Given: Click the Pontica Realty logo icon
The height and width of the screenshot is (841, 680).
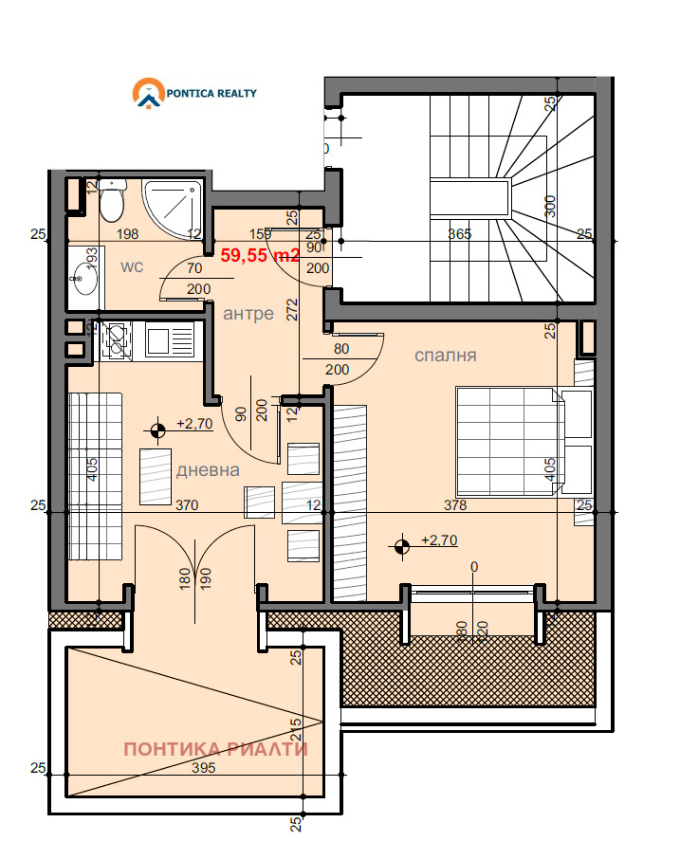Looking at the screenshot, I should click(x=148, y=94).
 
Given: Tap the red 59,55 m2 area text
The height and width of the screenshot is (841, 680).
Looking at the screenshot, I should click(x=261, y=254).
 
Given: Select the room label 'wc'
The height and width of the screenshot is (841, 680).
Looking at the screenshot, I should click(x=131, y=266).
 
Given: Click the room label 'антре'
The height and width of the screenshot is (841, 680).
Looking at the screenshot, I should click(x=248, y=314).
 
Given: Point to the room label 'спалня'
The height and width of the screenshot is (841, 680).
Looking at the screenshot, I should click(x=445, y=356).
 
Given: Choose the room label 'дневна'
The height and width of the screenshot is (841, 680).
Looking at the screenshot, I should click(x=208, y=469).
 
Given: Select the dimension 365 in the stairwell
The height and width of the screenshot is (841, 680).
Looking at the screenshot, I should click(x=460, y=234).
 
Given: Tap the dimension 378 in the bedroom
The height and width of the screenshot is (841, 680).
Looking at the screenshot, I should click(x=455, y=505).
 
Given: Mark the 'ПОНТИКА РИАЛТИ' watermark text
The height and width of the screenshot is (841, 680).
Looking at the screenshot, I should click(x=216, y=749).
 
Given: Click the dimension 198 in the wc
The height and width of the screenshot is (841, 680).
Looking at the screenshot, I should click(x=128, y=234).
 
